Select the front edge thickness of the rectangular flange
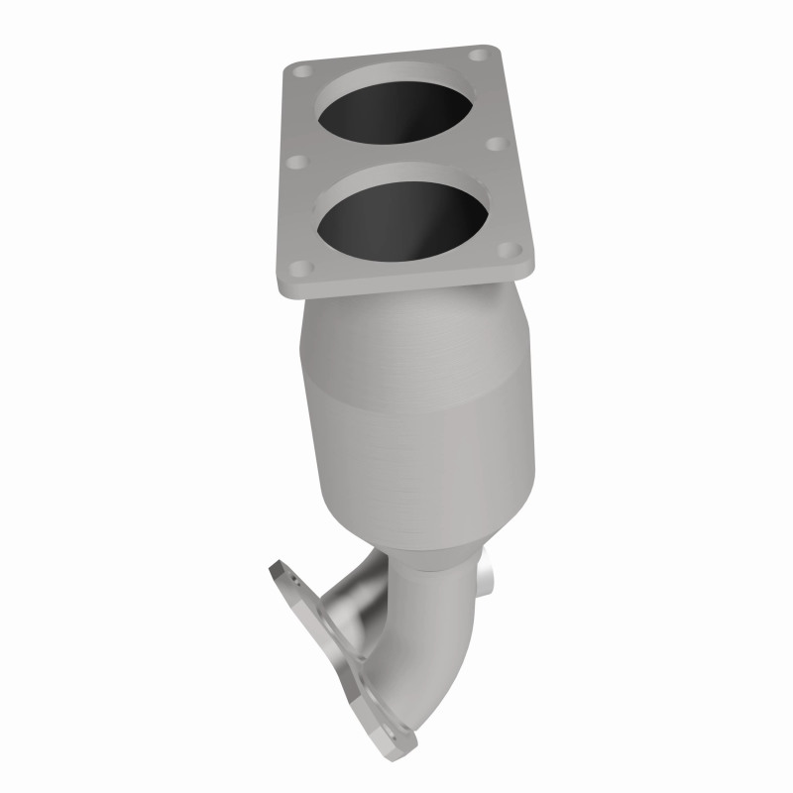click(406, 284)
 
